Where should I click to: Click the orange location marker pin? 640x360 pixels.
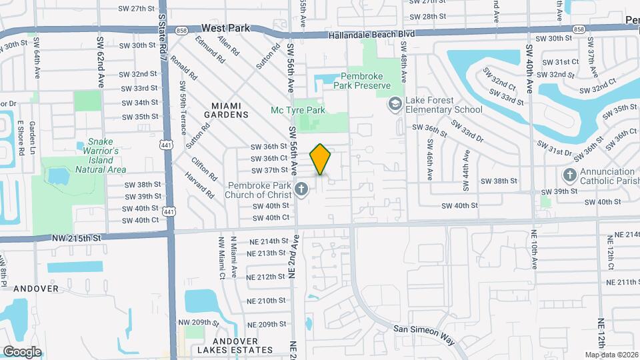coord(321,159)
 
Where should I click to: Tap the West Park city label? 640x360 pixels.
coord(225,29)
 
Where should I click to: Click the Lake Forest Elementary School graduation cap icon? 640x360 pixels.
coord(395,103)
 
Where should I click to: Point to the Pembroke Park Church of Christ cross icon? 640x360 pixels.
coord(301,189)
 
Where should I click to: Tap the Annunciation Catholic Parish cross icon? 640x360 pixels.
coord(569,175)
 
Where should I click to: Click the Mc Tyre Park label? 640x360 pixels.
coord(297,110)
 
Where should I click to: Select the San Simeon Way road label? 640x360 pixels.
coord(423,334)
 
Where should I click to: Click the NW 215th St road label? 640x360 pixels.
coord(77,237)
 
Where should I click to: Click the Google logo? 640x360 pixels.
coord(22,351)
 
